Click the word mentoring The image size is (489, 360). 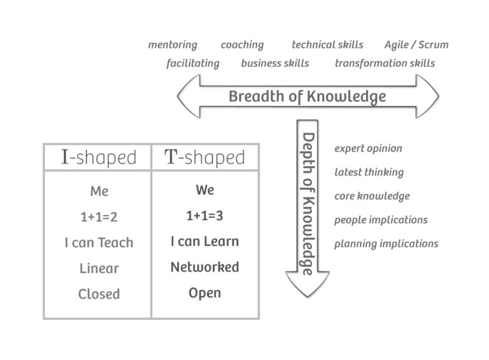pos(173,45)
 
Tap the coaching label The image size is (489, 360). pos(242,45)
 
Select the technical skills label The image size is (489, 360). pos(327,45)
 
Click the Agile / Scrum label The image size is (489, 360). pos(416,45)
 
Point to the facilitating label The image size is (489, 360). pos(193,63)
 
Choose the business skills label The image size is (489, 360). pos(275,63)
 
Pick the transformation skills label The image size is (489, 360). pos(385,63)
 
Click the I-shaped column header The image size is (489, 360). pos(99,157)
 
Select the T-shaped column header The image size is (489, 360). pos(204,157)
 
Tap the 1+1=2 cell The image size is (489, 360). pos(99,217)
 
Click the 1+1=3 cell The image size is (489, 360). pos(204,216)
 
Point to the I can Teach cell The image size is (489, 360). pos(99,243)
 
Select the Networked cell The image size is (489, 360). pos(204,267)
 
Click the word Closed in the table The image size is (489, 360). pos(99,294)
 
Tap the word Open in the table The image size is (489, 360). pos(204,293)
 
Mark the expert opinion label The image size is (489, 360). pos(368,148)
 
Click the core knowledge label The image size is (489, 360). pos(372,196)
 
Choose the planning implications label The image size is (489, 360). pos(386,243)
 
